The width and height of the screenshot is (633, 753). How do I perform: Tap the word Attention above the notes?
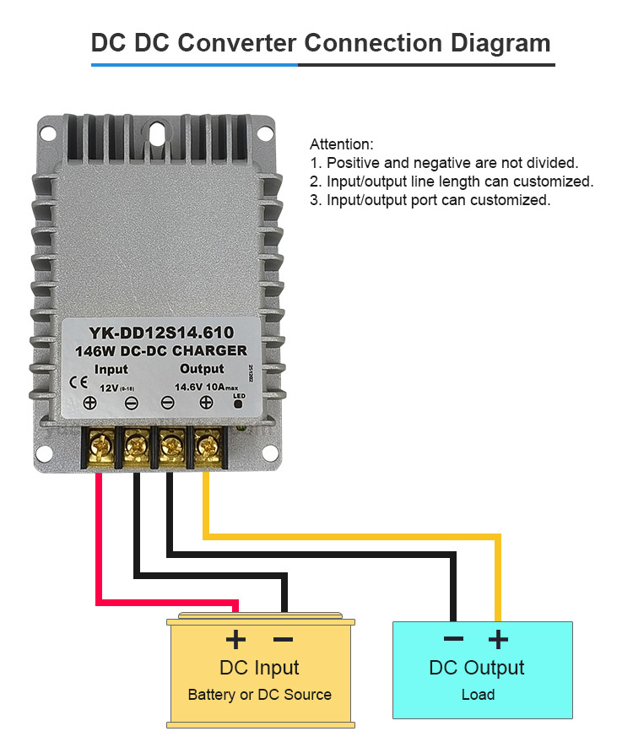(341, 144)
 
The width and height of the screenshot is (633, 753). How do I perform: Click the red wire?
(100, 540)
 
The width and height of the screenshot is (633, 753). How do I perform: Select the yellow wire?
(354, 536)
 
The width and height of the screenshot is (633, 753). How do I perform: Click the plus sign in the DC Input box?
(235, 639)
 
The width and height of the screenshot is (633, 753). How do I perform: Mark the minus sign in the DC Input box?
(283, 639)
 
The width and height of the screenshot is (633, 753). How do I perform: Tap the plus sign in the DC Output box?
(499, 639)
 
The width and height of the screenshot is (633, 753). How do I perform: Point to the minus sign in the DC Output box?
(453, 639)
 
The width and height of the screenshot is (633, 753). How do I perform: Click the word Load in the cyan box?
(478, 695)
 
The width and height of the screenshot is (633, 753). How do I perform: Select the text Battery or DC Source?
(259, 695)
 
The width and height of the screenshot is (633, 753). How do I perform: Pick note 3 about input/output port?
(430, 200)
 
